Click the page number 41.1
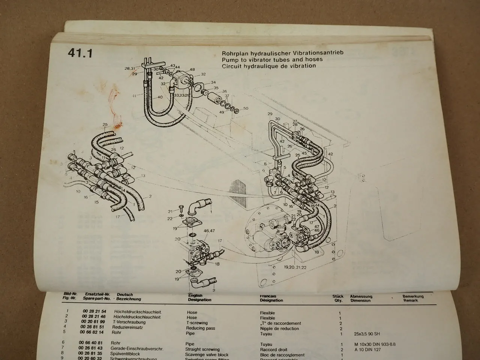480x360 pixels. pyautogui.click(x=80, y=53)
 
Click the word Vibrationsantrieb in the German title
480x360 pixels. pyautogui.click(x=314, y=53)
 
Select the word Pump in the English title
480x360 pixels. pyautogui.click(x=229, y=59)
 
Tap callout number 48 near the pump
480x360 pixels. pyautogui.click(x=192, y=70)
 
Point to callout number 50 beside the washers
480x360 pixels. pyautogui.click(x=246, y=108)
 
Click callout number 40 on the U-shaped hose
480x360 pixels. pyautogui.click(x=160, y=97)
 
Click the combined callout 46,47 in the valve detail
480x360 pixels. pyautogui.click(x=209, y=231)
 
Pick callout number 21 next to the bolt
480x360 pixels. pyautogui.click(x=170, y=211)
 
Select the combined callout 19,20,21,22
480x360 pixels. pyautogui.click(x=295, y=267)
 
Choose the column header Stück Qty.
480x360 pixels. pyautogui.click(x=337, y=298)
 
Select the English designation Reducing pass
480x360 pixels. pyautogui.click(x=201, y=328)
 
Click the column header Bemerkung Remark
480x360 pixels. pyautogui.click(x=412, y=298)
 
